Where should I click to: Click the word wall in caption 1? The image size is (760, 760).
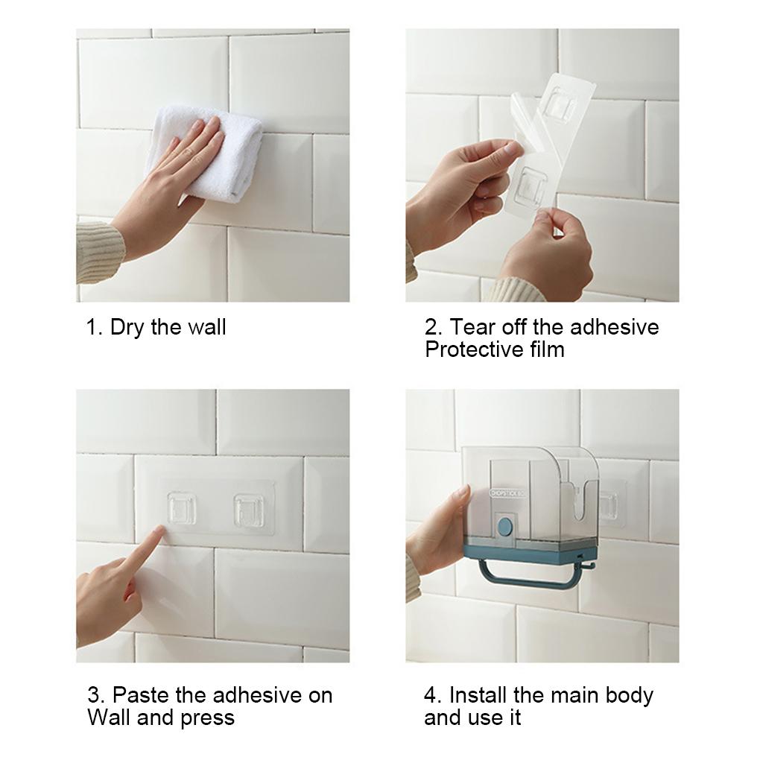point(206,327)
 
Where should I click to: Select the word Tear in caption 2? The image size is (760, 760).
point(473,327)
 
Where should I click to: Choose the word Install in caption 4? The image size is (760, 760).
point(478,695)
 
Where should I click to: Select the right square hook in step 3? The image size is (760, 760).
point(250,510)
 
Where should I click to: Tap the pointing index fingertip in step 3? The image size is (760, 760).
point(159,531)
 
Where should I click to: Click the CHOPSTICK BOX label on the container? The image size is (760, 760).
point(510,493)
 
